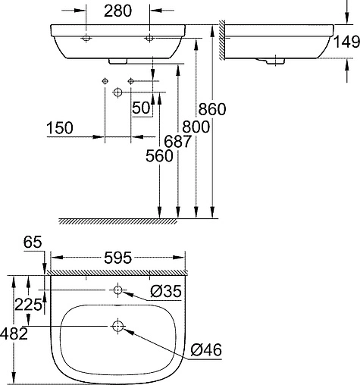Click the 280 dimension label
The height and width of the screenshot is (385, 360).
click(118, 12)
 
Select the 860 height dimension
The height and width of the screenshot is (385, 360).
click(212, 109)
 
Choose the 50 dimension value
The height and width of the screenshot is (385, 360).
click(141, 108)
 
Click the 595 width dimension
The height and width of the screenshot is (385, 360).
click(117, 257)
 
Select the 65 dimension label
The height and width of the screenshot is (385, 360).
click(31, 243)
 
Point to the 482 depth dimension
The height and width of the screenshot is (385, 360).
click(15, 333)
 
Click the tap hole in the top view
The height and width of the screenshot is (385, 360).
click(118, 290)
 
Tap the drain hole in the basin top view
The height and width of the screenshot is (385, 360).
click(118, 327)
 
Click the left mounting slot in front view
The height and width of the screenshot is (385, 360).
click(86, 37)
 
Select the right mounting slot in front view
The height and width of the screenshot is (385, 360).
click(149, 37)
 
